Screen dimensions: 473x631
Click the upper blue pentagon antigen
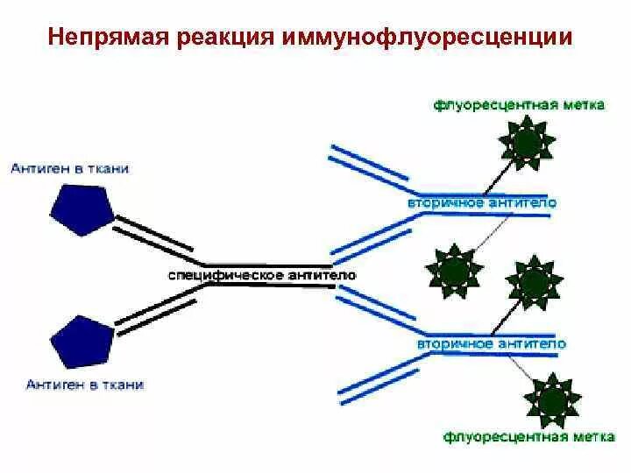click(82, 211)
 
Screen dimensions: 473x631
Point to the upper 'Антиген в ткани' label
click(70, 168)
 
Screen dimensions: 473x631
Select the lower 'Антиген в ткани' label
click(85, 384)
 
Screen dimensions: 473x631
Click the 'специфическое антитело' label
click(261, 275)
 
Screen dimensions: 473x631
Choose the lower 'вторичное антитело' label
click(492, 343)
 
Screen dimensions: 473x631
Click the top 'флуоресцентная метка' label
click(519, 104)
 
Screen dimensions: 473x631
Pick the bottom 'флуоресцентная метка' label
click(529, 434)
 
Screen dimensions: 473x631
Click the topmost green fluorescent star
click(527, 141)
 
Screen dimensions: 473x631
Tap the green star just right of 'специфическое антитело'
click(453, 268)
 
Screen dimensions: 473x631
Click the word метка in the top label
click(581, 104)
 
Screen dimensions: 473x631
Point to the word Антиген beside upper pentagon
click(41, 168)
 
